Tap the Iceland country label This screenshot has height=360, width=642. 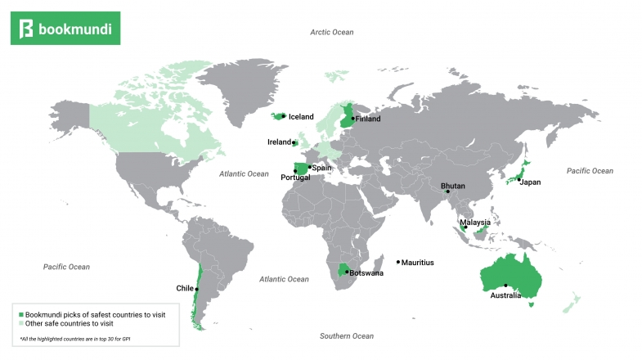tap(301, 117)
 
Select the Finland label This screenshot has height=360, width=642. tap(369, 119)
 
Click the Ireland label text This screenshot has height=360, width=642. tap(279, 142)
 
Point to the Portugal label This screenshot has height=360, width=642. tap(294, 178)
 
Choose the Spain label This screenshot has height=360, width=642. tap(321, 168)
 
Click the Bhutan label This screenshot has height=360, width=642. tap(452, 186)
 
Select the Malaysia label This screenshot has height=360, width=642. tap(475, 223)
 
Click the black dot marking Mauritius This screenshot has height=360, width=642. tap(398, 263)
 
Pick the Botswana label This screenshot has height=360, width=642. tap(366, 273)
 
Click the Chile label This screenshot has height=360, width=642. tap(185, 288)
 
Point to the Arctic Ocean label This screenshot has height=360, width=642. tap(332, 32)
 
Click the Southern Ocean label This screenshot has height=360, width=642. tap(346, 336)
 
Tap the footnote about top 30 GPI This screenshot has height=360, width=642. tap(74, 339)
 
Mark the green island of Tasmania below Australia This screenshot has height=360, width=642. tap(532, 304)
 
